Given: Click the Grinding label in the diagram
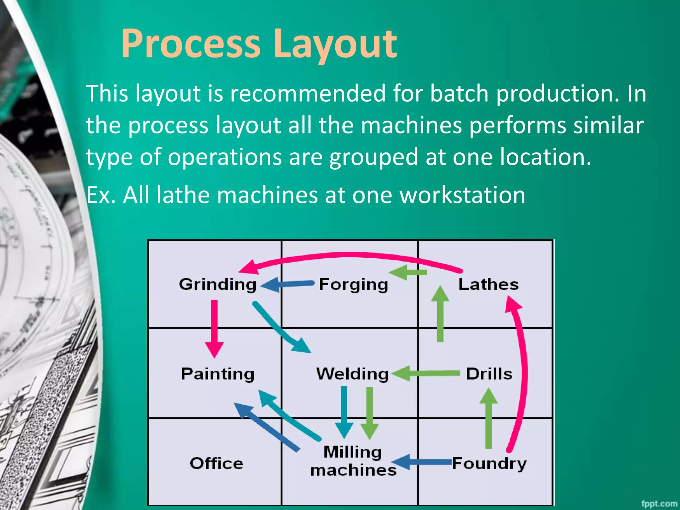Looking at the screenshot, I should coord(217,285).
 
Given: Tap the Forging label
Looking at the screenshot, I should coord(353,285).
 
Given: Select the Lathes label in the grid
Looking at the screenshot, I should coord(488,285).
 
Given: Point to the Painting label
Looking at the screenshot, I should coord(217,374).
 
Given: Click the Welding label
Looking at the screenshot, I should coord(352,374).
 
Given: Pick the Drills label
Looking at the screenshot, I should coord(489,374).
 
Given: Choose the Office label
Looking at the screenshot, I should coord(216,464).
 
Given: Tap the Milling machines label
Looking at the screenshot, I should coord(353,461).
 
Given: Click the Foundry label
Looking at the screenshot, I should coord(489,464).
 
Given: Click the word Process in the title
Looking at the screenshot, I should coord(191,44).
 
